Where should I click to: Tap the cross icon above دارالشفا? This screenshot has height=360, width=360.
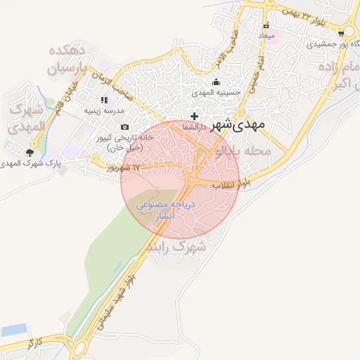pyautogui.click(x=195, y=115)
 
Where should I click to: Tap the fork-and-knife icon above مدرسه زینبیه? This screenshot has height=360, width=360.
pyautogui.click(x=104, y=101)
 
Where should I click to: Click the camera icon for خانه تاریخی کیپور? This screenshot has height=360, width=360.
pyautogui.click(x=124, y=127)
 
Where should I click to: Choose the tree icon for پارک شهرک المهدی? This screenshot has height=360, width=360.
pyautogui.click(x=30, y=152)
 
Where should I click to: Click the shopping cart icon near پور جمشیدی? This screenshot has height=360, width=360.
pyautogui.click(x=341, y=32)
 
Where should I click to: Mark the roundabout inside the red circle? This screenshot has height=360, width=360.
pyautogui.click(x=191, y=180)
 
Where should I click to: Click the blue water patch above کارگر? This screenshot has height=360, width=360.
pyautogui.click(x=14, y=330)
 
